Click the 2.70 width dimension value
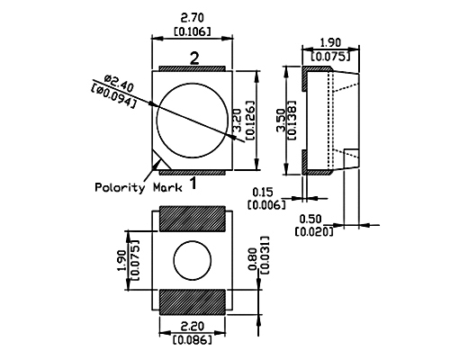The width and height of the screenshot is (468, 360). point(193,18)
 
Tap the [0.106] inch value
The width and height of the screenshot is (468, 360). point(193,31)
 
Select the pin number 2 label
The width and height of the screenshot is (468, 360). point(194,58)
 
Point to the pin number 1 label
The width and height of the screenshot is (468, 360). point(193,184)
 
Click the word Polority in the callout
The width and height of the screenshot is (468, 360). point(120,187)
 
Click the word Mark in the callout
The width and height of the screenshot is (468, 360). point(167,187)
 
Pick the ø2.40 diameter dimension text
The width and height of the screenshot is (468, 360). point(119,84)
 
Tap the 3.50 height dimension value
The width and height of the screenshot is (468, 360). point(281,120)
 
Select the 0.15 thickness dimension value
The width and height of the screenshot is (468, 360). point(263,192)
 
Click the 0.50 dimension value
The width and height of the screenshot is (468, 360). point(310,219)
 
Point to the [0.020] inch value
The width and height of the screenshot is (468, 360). point(314,231)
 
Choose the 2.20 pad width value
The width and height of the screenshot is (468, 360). point(193,326)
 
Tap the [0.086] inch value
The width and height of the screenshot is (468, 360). point(193,339)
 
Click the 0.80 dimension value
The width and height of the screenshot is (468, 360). point(254,258)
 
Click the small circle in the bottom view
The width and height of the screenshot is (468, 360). point(193,260)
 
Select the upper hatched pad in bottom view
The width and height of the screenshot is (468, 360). point(192,219)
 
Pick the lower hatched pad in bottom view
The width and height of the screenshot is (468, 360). point(192,302)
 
